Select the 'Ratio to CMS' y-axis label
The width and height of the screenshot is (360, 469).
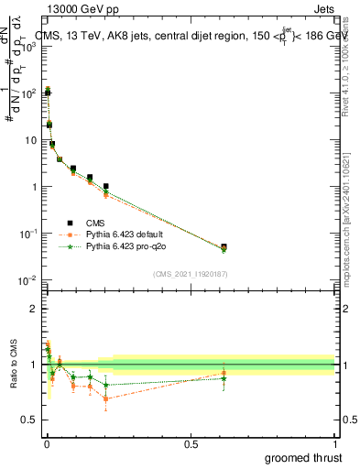click(13, 365)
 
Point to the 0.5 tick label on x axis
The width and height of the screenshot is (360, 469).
click(191, 444)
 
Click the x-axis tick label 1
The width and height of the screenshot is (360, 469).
click(335, 444)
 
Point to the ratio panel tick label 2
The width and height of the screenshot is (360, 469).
click(33, 309)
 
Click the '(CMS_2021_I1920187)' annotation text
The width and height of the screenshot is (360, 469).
click(190, 274)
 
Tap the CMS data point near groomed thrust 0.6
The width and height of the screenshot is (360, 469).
click(224, 246)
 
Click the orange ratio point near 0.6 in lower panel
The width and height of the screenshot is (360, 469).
click(224, 373)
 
